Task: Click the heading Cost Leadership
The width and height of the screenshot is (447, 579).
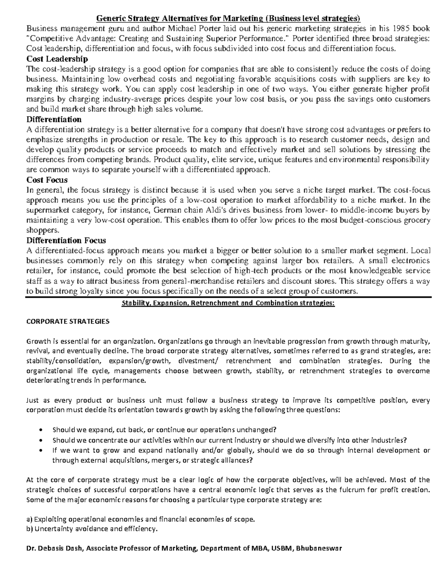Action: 57,59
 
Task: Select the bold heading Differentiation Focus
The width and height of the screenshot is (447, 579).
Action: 66,240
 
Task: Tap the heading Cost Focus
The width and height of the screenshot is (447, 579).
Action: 47,180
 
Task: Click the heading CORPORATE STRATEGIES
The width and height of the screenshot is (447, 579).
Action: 67,321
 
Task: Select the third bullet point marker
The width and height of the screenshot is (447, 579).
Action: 41,450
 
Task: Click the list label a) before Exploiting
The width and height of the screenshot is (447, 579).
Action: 29,519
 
